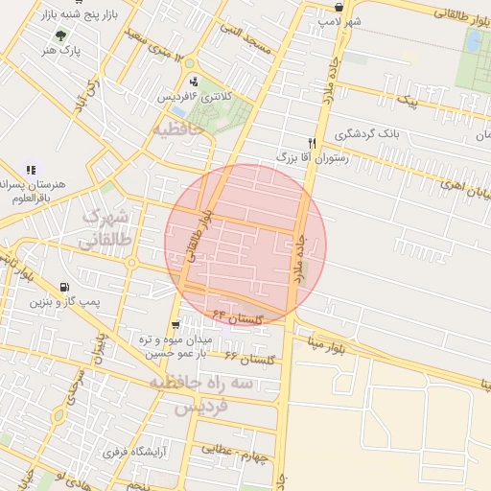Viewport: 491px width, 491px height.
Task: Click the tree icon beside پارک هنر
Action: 62,35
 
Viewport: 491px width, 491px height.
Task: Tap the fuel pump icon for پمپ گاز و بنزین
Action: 64,286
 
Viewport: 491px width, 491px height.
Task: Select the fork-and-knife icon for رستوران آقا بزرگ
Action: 312,142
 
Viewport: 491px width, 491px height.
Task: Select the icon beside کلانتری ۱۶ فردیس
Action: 195,82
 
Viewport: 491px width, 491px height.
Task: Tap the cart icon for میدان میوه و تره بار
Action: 175,325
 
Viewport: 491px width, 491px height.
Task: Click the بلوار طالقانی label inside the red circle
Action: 200,239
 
